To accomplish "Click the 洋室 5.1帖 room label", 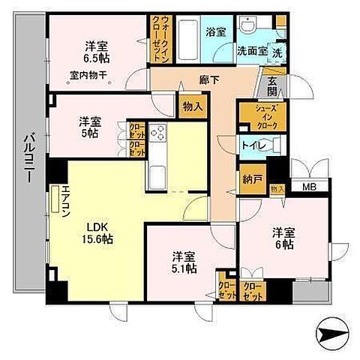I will pyautogui.click(x=181, y=260).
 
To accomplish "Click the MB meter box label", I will pyautogui.click(x=308, y=188).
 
